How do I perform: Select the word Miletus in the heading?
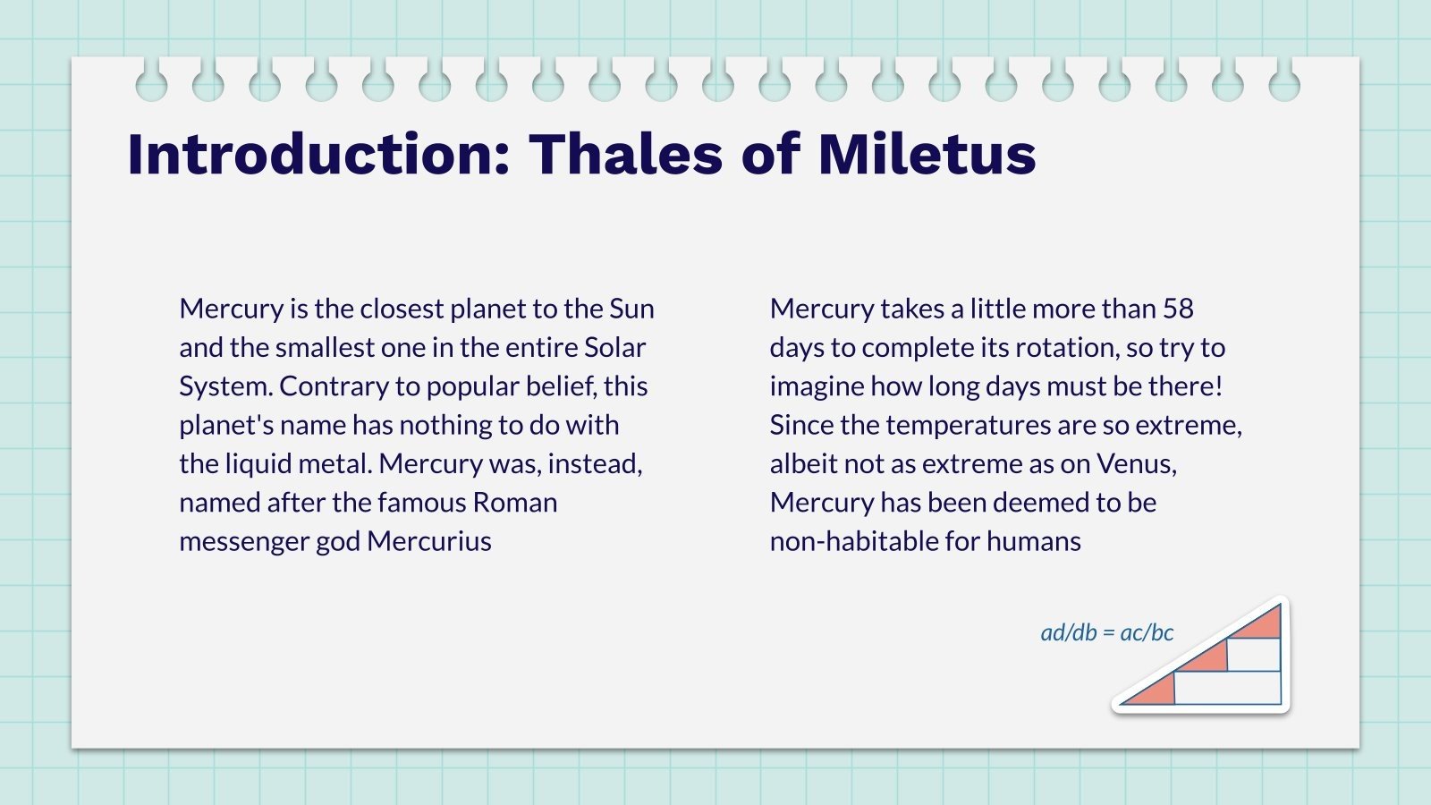927,154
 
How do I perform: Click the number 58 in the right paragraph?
1178,309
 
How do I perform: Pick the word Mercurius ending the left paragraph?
429,541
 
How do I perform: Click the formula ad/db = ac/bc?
1107,632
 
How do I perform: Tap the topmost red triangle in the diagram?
1264,623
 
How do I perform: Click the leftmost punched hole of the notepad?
151,85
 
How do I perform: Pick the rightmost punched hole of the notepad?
1284,85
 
